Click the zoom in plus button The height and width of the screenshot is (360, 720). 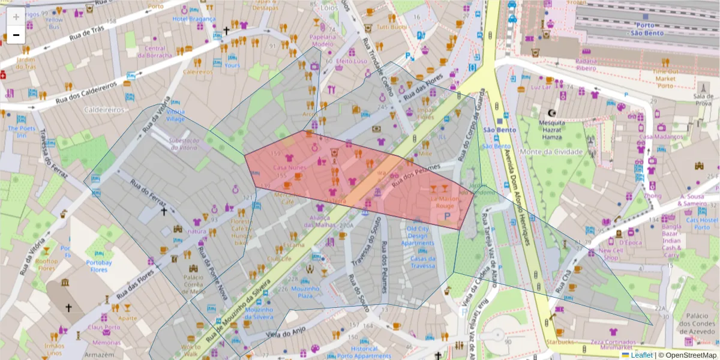tap(16, 17)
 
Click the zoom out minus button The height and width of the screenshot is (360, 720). tap(16, 35)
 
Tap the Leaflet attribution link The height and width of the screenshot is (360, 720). tap(641, 355)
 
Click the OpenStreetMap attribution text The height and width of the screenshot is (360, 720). tap(689, 355)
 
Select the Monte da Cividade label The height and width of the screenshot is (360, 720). tap(551, 152)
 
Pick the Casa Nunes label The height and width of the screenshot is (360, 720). tap(289, 168)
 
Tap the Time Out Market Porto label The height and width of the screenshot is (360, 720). tap(665, 78)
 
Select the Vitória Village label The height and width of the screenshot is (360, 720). tap(175, 115)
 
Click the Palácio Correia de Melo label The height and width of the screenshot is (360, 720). tap(193, 284)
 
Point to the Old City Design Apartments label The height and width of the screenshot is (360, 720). tap(418, 236)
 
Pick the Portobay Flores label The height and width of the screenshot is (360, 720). tap(98, 266)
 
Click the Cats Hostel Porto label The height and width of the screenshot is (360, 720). tap(698, 223)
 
